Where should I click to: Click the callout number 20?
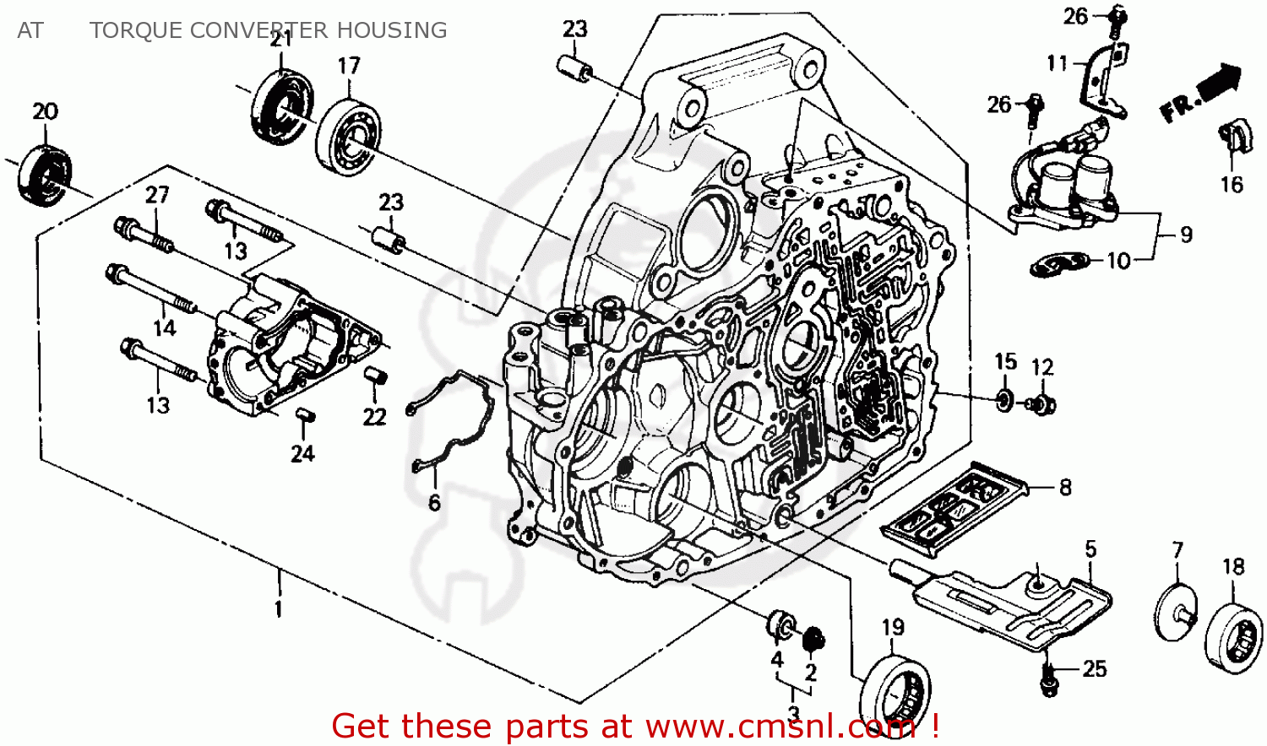pyautogui.click(x=46, y=111)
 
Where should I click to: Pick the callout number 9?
pyautogui.click(x=1186, y=234)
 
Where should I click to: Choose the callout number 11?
pyautogui.click(x=1058, y=63)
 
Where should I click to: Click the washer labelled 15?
pyautogui.click(x=1003, y=400)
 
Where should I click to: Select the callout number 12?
pyautogui.click(x=1042, y=367)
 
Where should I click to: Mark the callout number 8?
pyautogui.click(x=1065, y=487)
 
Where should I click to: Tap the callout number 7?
pyautogui.click(x=1177, y=550)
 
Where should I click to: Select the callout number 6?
pyautogui.click(x=434, y=503)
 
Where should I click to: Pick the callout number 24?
pyautogui.click(x=302, y=453)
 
